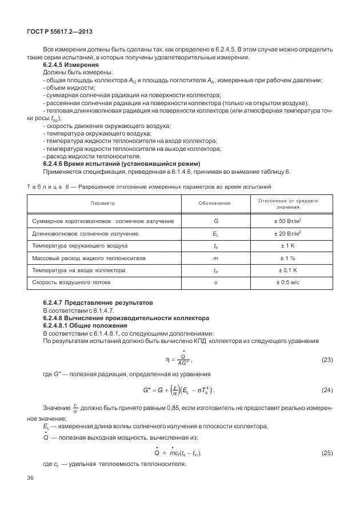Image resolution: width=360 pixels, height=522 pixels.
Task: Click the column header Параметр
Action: [103, 203]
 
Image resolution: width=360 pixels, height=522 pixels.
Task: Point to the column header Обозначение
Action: [215, 203]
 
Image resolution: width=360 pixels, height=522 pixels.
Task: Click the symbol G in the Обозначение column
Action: [215, 221]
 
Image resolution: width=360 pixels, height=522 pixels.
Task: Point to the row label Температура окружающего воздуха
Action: [80, 246]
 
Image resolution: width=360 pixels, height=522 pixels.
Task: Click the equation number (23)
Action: [327, 360]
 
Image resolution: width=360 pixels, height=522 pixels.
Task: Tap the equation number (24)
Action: [327, 390]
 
